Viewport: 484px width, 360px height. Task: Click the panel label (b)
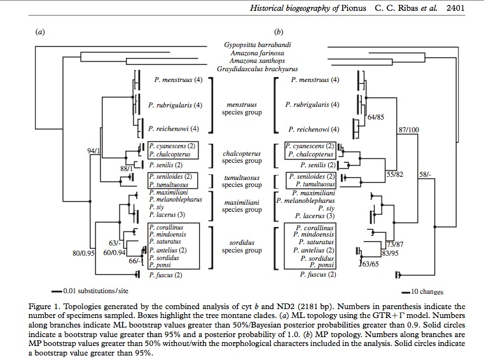(x=278, y=31)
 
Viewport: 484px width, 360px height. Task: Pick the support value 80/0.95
(x=83, y=253)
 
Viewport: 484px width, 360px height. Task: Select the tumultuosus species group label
(x=242, y=181)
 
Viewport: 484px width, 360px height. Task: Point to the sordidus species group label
(x=242, y=246)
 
